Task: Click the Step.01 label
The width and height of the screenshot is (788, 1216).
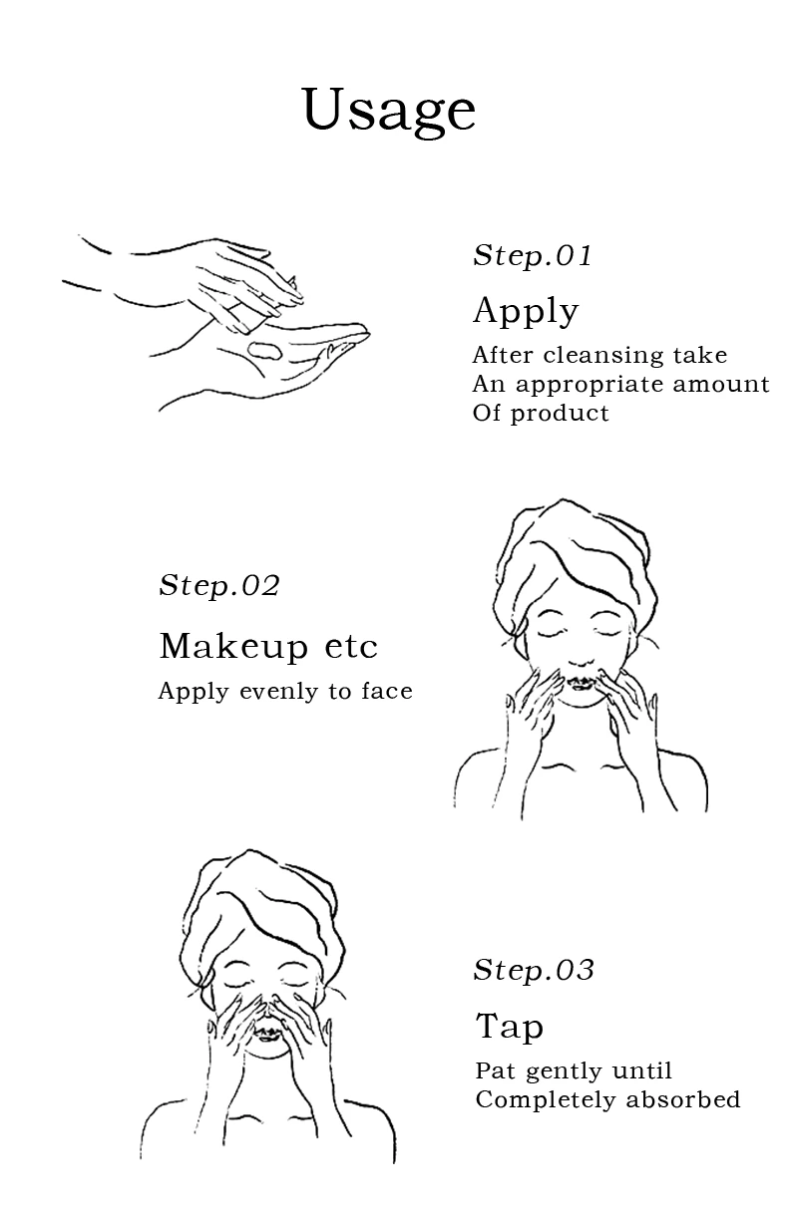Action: point(532,256)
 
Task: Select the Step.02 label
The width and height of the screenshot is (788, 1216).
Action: point(219,585)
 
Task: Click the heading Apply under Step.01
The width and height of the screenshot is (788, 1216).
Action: point(526,312)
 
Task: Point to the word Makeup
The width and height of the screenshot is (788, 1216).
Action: point(234,647)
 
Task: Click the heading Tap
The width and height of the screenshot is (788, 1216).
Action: point(510,1028)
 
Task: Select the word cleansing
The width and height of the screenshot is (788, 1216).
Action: point(603,356)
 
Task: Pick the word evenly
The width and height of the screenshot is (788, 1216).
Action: point(279,692)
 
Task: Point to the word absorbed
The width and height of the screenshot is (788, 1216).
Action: point(683,1099)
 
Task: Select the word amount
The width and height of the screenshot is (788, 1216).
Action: point(721,385)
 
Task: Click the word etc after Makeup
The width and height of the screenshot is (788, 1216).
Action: point(350,647)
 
